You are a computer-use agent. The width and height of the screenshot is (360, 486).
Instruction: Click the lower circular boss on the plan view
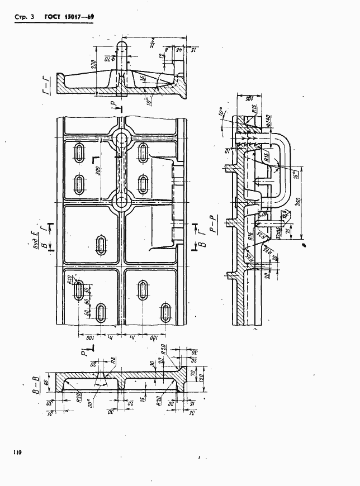tap(120, 202)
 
